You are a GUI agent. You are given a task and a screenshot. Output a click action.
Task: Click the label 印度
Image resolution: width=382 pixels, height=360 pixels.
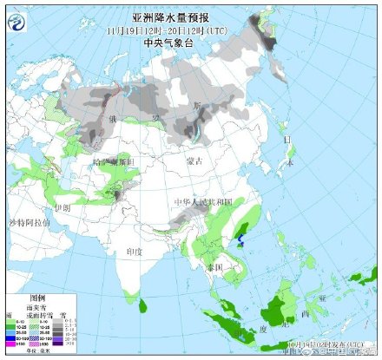pos(134,250)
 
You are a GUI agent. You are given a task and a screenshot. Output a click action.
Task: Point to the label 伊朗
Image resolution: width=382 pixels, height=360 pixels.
pos(61,209)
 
